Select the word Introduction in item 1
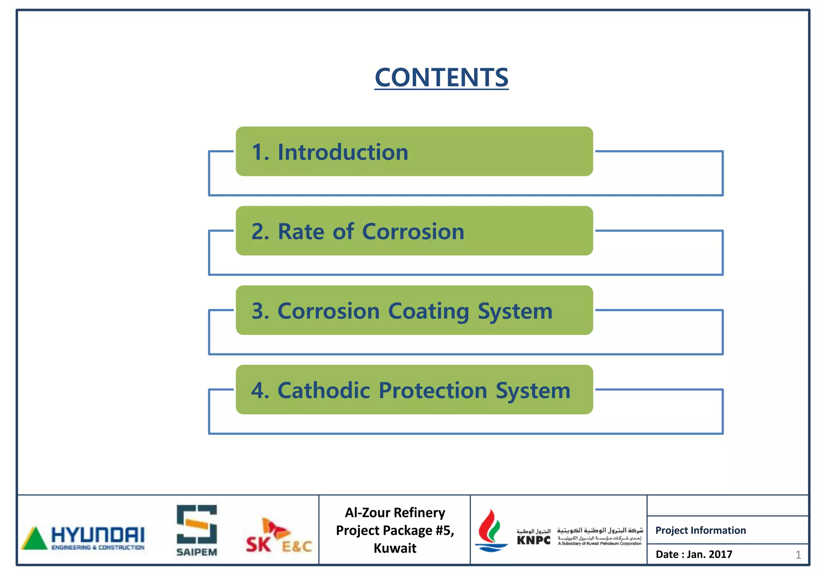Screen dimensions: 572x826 (x=343, y=152)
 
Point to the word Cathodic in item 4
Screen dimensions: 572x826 (x=323, y=390)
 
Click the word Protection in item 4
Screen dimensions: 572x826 (x=433, y=390)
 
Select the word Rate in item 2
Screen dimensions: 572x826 (x=301, y=232)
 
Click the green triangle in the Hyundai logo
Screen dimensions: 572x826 (x=35, y=539)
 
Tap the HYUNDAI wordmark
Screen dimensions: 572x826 (x=98, y=535)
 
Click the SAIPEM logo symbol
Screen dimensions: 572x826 (x=197, y=524)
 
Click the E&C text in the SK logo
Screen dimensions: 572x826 (x=297, y=547)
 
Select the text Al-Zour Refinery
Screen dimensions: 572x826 (x=395, y=513)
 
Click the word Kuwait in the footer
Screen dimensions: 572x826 (x=395, y=548)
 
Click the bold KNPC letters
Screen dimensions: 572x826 (x=534, y=540)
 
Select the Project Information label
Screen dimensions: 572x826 (x=701, y=530)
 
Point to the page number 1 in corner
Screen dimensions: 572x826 (x=798, y=555)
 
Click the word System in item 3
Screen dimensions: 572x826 (x=515, y=311)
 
